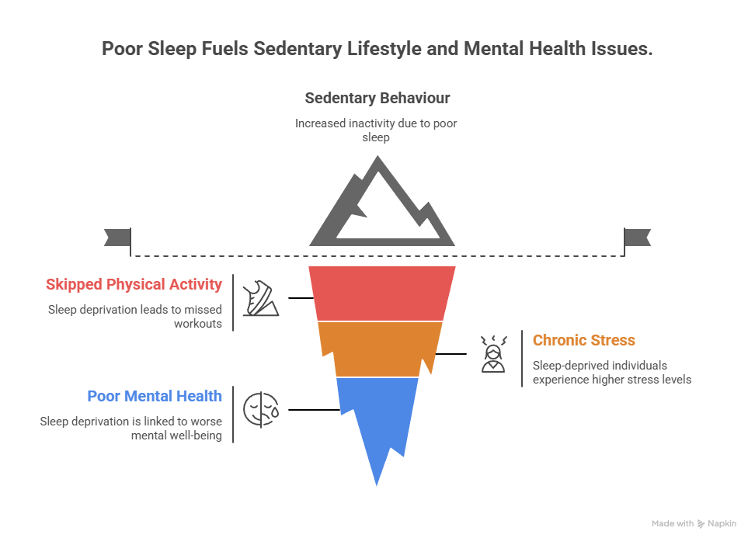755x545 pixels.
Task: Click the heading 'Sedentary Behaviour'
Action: (x=377, y=99)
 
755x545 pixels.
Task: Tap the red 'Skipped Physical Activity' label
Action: (x=134, y=284)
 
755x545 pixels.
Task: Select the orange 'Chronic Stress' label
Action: (x=583, y=340)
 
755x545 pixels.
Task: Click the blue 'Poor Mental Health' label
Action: (x=155, y=396)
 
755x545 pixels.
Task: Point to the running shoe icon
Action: (x=260, y=299)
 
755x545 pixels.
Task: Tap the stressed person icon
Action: (x=492, y=355)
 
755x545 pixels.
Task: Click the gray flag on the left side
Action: (x=117, y=238)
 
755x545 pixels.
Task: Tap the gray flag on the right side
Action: (x=638, y=238)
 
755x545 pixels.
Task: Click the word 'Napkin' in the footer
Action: (x=722, y=524)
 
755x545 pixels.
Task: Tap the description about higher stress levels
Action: (x=611, y=373)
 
